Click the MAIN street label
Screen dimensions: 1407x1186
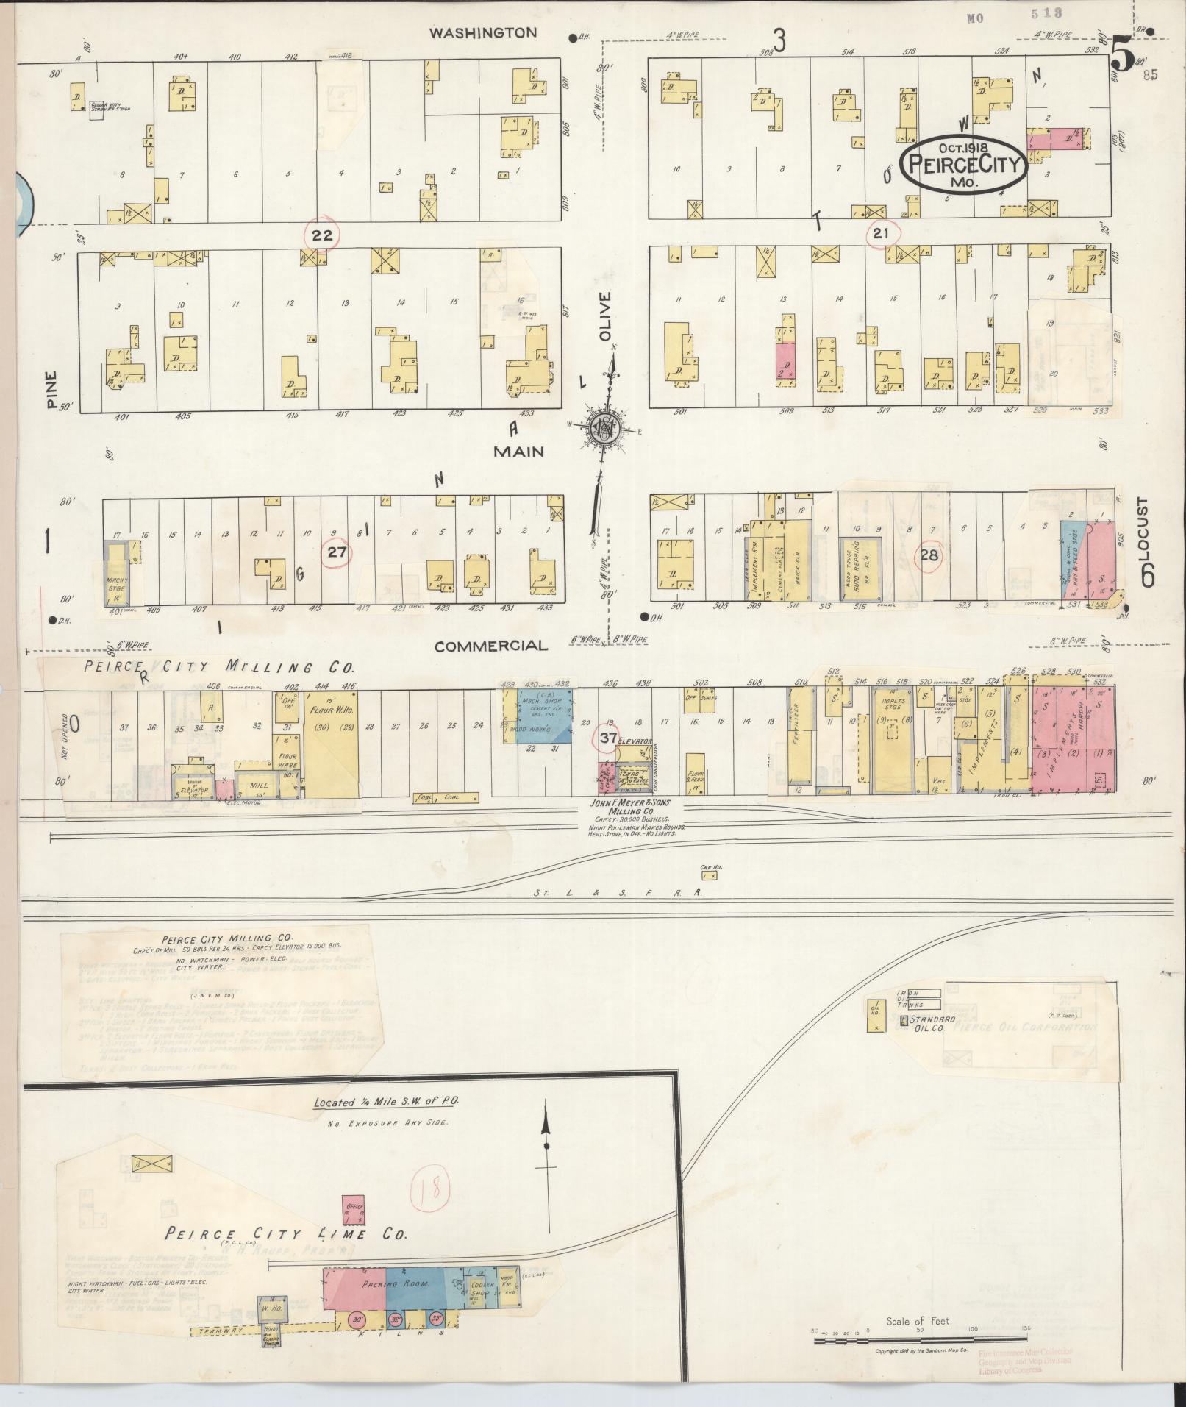518,451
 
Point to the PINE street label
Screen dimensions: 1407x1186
50,389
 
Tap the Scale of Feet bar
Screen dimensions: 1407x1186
918,1341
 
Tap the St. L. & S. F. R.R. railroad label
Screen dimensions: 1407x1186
618,893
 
